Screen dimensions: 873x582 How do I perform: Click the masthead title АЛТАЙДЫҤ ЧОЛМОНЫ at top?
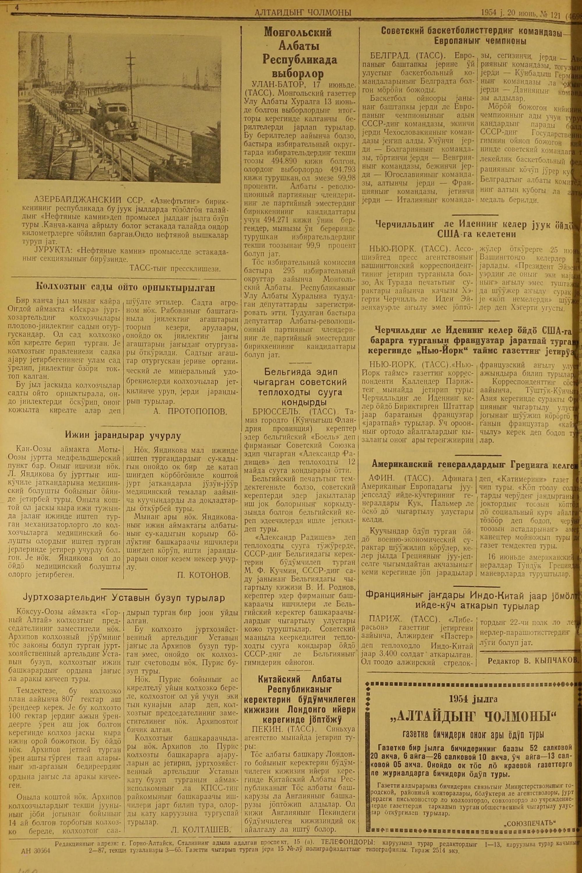point(303,13)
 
